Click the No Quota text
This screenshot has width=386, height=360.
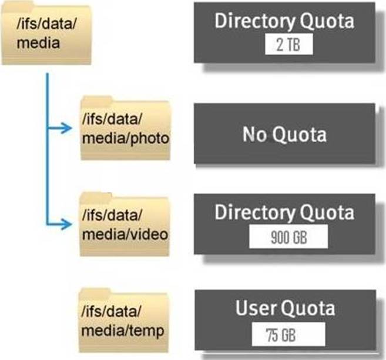click(284, 135)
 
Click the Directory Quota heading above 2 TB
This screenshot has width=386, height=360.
click(285, 21)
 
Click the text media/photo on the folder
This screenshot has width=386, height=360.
click(125, 138)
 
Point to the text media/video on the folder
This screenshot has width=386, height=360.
click(125, 234)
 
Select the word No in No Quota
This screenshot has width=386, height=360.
click(254, 135)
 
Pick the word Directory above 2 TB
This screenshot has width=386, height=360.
click(253, 21)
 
